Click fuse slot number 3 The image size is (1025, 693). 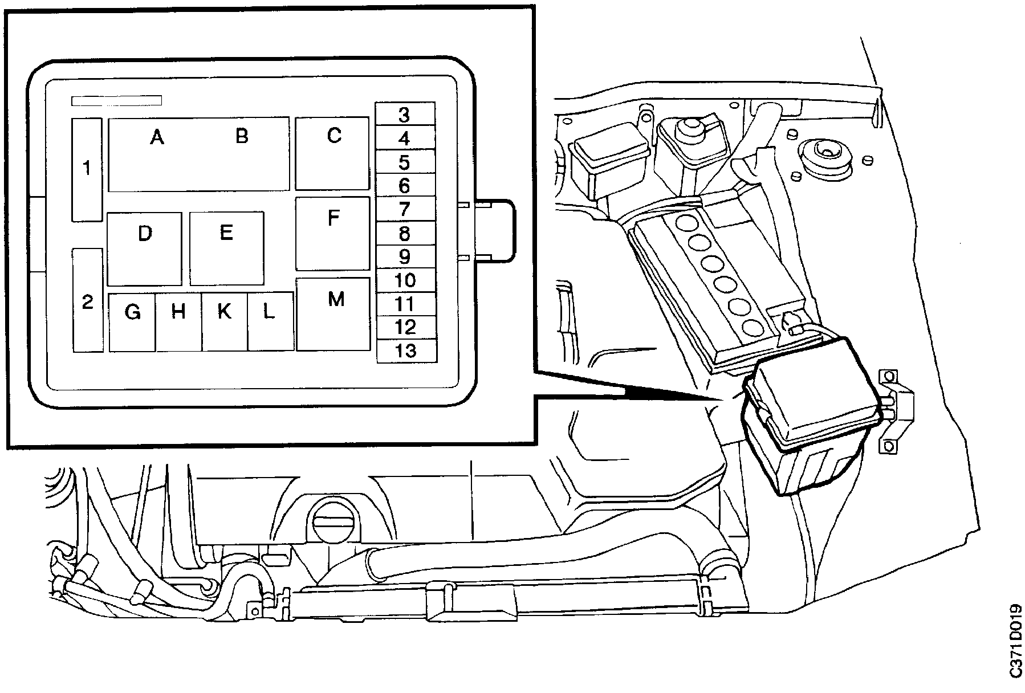(405, 115)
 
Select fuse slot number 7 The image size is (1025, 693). (405, 209)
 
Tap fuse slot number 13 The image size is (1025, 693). (406, 351)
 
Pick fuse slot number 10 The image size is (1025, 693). (405, 280)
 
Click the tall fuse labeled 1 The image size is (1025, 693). (87, 169)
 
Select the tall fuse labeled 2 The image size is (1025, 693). (88, 300)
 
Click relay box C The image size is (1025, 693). (332, 153)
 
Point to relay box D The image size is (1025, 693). (144, 249)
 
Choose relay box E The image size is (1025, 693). (226, 248)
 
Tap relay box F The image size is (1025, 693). (333, 234)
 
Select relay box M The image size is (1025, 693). (333, 314)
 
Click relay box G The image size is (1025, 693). (132, 321)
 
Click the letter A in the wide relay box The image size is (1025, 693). (157, 137)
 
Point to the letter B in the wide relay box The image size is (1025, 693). (242, 136)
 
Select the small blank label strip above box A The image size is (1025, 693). (116, 101)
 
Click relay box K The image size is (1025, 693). (225, 321)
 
